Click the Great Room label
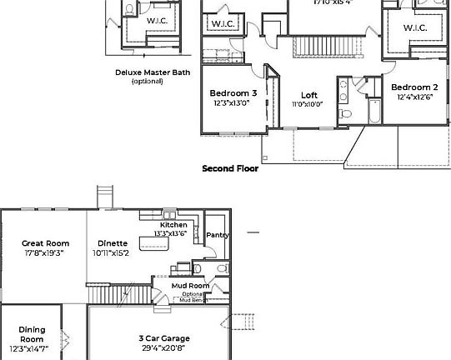coord(44,243)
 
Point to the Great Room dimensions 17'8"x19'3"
coord(44,252)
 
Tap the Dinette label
coord(111,243)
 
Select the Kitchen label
coord(173,225)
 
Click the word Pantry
coord(218,236)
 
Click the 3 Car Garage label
coord(163,338)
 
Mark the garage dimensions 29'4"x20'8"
coord(163,347)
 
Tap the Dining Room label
coord(32,334)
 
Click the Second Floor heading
coord(230,168)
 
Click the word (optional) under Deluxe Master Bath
coord(147,81)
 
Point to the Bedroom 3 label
coord(233,92)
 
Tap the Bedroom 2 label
coord(415,87)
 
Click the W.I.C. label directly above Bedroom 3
coord(223,24)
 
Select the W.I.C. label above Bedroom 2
coord(415,28)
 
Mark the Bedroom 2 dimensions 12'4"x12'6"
coord(415,97)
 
